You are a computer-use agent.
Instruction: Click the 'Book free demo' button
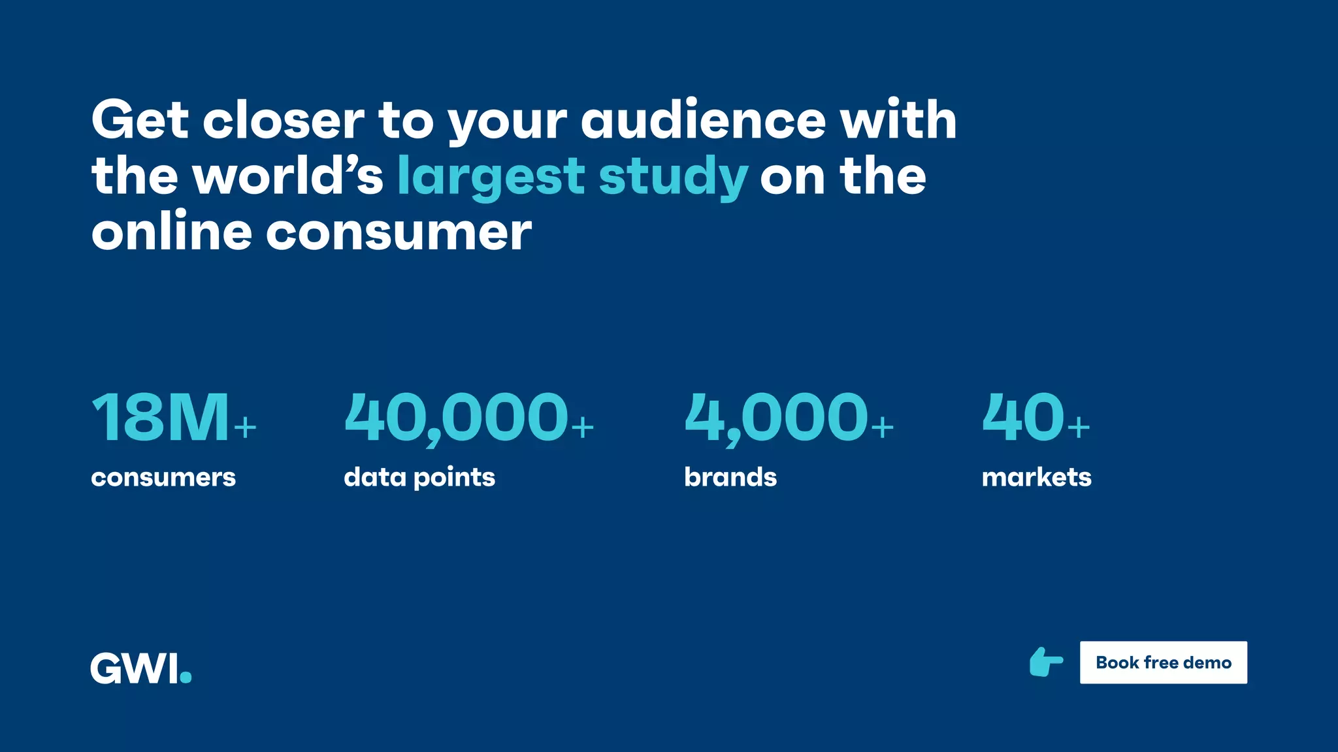(x=1163, y=663)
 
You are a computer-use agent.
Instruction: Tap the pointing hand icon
(x=1046, y=663)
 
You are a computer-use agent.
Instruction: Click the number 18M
(x=161, y=418)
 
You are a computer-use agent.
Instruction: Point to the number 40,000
(x=456, y=418)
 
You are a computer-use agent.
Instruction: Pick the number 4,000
(x=776, y=418)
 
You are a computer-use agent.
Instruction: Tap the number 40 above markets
(x=1023, y=418)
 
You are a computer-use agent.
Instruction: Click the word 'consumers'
(x=163, y=477)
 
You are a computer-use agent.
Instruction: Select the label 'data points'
(x=419, y=477)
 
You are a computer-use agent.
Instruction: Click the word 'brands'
(x=730, y=477)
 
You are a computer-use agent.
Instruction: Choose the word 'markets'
(x=1036, y=477)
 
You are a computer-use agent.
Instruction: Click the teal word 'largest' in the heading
(x=491, y=177)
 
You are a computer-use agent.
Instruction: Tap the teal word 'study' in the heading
(x=673, y=177)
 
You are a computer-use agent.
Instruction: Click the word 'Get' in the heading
(x=140, y=121)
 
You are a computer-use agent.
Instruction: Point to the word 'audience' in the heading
(x=704, y=121)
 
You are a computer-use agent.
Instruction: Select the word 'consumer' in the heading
(x=399, y=233)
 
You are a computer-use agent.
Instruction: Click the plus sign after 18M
(x=245, y=428)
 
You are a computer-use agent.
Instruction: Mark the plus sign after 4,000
(x=882, y=428)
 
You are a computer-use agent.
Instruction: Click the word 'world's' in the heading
(x=287, y=177)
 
